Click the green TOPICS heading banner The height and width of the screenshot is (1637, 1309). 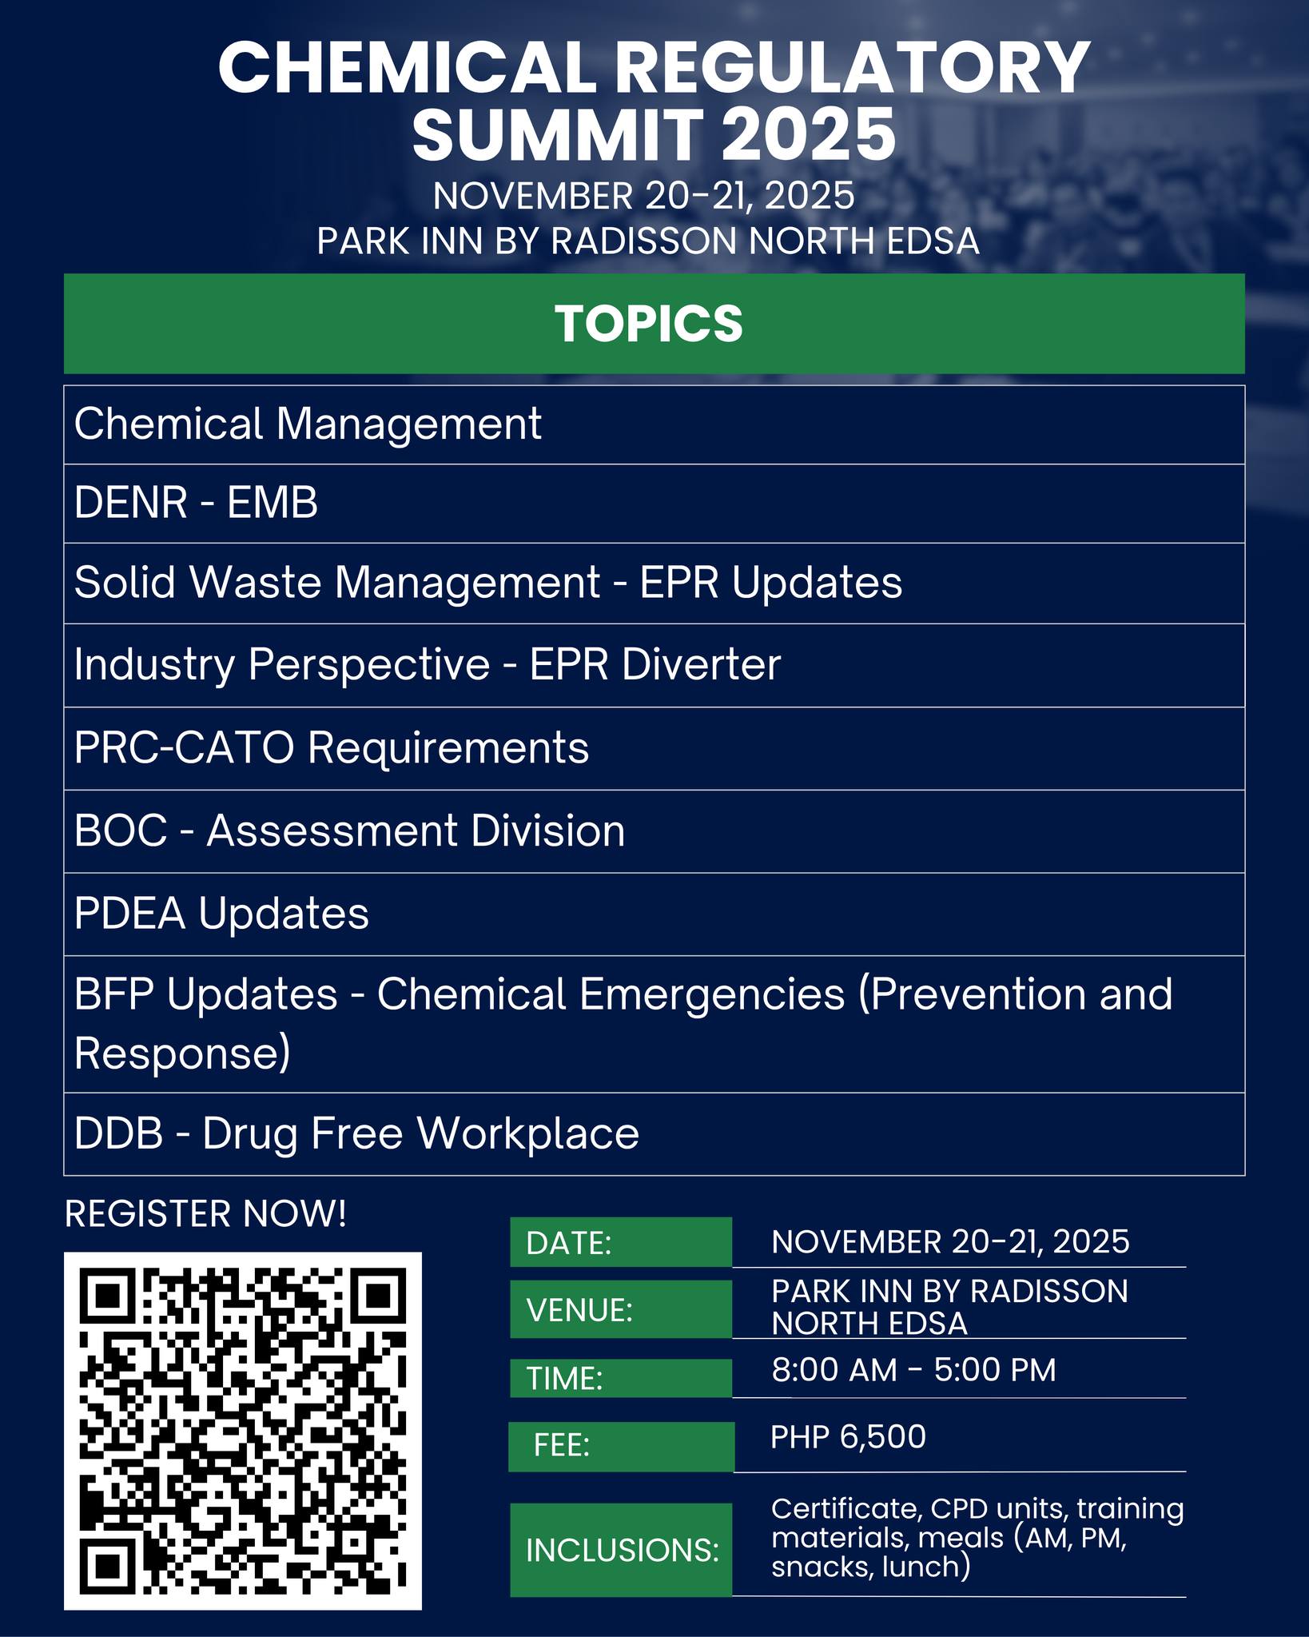(654, 324)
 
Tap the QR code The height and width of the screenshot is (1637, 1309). (243, 1430)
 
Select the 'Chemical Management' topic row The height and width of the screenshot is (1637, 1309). (654, 424)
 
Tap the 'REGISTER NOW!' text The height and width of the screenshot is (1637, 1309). (205, 1213)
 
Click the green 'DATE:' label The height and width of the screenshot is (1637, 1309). (621, 1242)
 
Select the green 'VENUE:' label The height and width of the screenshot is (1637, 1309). (621, 1309)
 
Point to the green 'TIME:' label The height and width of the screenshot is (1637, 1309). (621, 1378)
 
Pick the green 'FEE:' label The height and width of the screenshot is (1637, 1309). (621, 1446)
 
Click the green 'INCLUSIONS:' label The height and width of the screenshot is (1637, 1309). (621, 1550)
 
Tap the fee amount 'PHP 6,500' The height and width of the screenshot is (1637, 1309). (848, 1437)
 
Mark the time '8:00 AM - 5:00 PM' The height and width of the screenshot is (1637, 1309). (913, 1370)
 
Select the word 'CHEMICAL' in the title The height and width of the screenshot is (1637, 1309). (407, 68)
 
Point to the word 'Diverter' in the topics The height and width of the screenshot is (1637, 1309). (701, 664)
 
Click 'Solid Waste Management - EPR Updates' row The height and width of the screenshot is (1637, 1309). (654, 584)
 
